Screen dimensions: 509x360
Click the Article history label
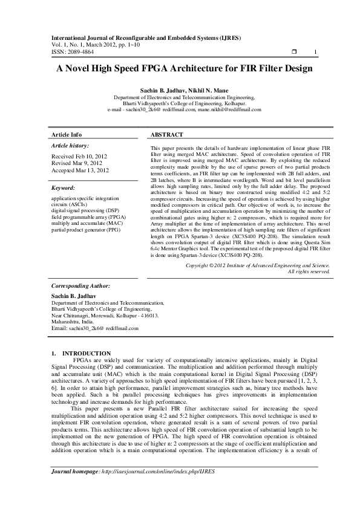(x=71, y=146)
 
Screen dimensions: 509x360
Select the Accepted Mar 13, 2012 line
(x=80, y=170)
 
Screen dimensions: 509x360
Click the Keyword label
(x=63, y=188)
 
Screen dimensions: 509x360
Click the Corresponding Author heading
(x=80, y=285)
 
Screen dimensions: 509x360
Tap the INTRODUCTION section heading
(x=87, y=353)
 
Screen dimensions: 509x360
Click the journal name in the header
(x=143, y=37)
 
